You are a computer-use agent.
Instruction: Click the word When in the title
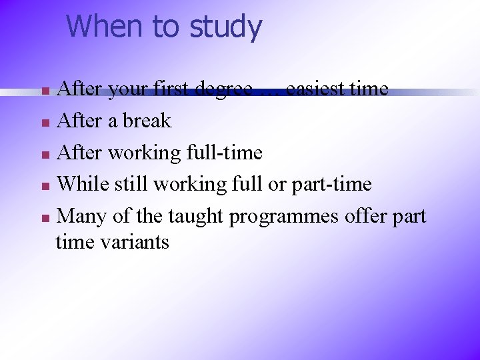pos(105,27)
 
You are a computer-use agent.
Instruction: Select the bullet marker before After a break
pos(45,123)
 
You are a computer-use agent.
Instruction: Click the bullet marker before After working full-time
pos(45,155)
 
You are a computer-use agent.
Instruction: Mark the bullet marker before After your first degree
pos(45,91)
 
